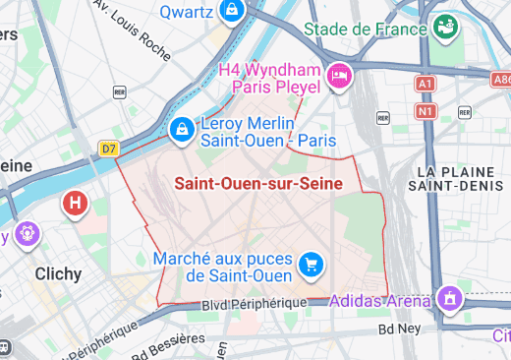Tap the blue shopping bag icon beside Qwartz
(232, 11)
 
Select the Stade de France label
(366, 28)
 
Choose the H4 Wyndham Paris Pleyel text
(269, 79)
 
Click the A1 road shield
(426, 85)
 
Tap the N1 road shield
(426, 111)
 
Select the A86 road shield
(500, 79)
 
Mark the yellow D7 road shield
(108, 150)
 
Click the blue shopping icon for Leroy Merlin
(182, 129)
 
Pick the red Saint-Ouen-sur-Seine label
(258, 183)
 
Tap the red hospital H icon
(74, 205)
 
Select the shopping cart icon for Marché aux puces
(312, 263)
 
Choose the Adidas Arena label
(380, 299)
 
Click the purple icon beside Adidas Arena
(449, 296)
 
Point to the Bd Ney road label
(399, 330)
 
